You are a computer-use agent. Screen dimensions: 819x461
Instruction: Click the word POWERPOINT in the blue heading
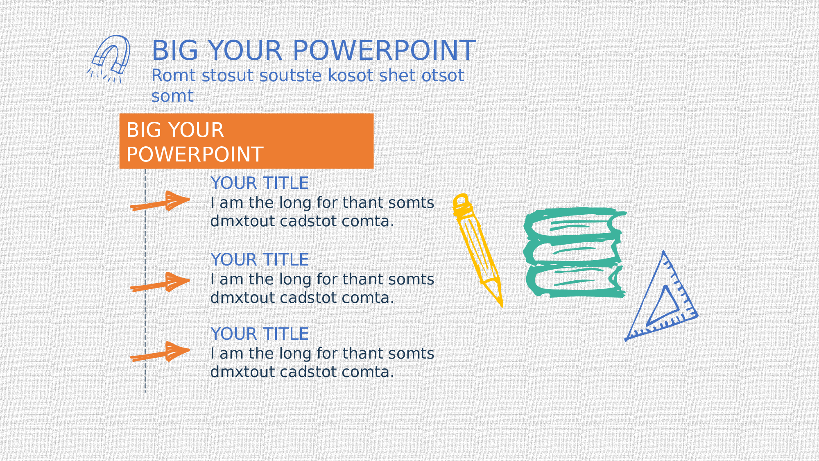point(384,50)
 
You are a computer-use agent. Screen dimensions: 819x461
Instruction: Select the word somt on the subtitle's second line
point(172,96)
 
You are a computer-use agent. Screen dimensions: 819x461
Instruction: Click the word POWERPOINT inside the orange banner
point(195,154)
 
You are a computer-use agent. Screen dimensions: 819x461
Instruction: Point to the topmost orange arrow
point(160,201)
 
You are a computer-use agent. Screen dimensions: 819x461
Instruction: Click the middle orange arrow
point(160,282)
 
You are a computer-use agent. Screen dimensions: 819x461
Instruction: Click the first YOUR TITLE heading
point(260,183)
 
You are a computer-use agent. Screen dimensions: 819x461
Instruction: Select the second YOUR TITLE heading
point(260,260)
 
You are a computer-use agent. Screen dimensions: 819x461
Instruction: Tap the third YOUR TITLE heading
point(260,334)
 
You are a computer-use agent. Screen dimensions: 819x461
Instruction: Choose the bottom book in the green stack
point(575,282)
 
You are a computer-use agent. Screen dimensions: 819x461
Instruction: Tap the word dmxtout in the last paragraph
point(243,372)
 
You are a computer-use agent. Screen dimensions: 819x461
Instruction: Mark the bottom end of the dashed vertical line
point(145,392)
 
